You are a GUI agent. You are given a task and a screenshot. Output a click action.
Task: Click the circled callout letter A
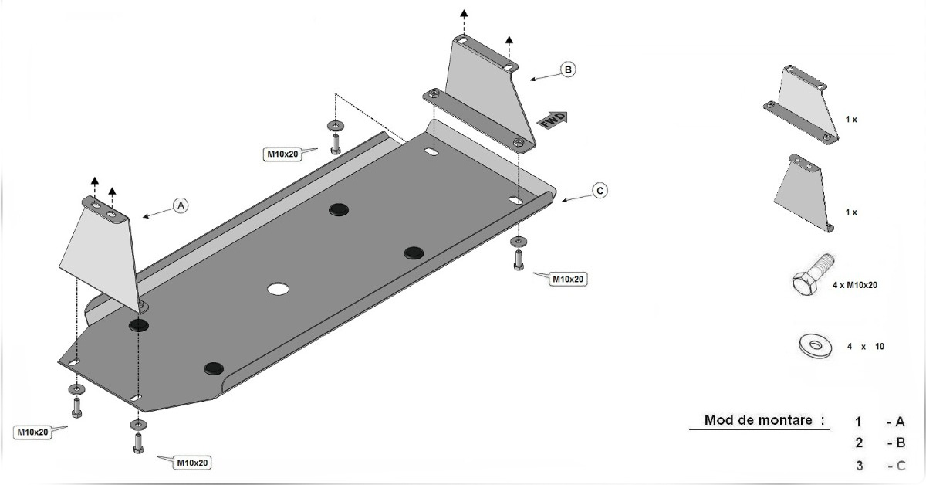pyautogui.click(x=181, y=205)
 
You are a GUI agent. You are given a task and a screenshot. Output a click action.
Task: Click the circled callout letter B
pyautogui.click(x=568, y=70)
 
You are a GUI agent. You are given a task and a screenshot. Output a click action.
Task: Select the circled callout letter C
pyautogui.click(x=600, y=190)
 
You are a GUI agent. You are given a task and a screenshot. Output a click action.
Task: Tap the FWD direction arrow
pyautogui.click(x=553, y=120)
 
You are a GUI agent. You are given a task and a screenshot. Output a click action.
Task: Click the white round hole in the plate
pyautogui.click(x=278, y=289)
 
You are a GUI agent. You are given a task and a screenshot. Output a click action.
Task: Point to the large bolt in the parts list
pyautogui.click(x=813, y=274)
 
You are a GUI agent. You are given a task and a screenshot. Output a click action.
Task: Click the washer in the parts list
pyautogui.click(x=815, y=345)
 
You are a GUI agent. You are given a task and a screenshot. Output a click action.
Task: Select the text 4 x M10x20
pyautogui.click(x=854, y=285)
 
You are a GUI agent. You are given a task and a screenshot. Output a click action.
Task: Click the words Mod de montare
pyautogui.click(x=758, y=420)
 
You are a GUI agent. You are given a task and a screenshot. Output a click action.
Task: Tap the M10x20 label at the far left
pyautogui.click(x=32, y=432)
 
